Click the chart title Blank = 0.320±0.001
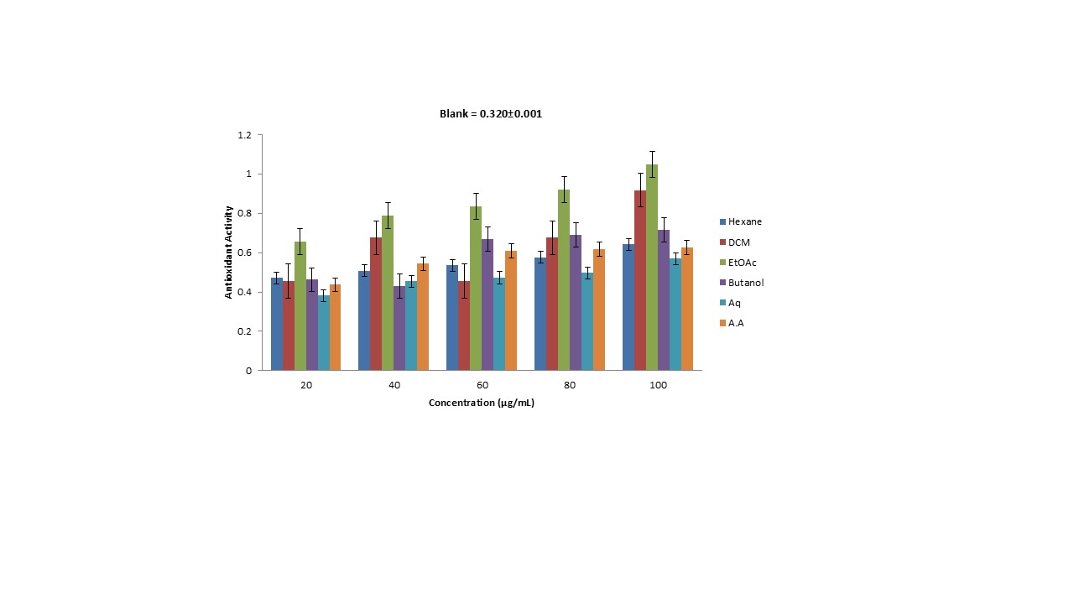(491, 114)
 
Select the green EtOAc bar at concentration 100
(652, 268)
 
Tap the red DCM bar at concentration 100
(640, 281)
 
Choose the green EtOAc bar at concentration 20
(300, 306)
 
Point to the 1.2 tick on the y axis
(244, 135)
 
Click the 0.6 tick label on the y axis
(244, 253)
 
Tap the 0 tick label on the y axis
(248, 371)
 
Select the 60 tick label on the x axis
(482, 385)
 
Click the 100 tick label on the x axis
(658, 385)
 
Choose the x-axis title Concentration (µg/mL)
(482, 403)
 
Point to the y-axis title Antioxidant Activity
(228, 253)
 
